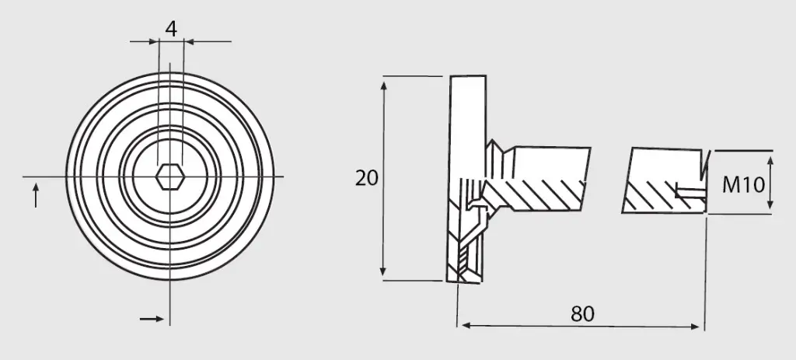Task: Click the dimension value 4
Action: pos(171,29)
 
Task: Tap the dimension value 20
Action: pos(367,178)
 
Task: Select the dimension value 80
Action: pos(582,314)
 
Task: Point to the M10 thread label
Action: pos(743,185)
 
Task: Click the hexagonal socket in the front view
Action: pos(169,177)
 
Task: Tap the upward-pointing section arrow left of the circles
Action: pos(36,195)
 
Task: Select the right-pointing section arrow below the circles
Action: pos(152,319)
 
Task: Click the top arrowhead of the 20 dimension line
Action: pos(384,86)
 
